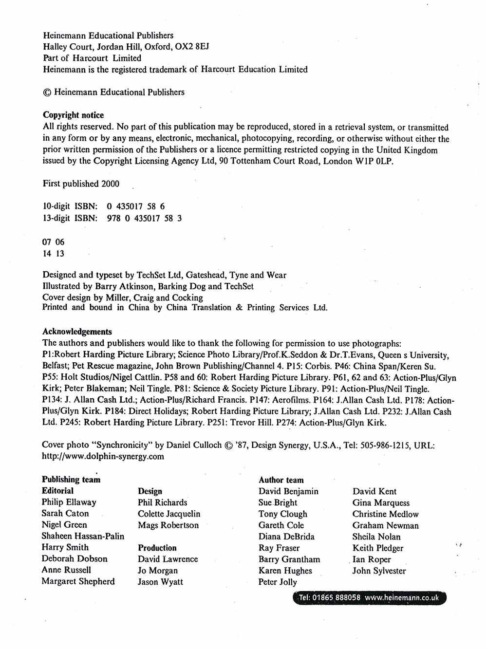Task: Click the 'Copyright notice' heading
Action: (x=73, y=115)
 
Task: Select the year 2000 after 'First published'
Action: (x=110, y=184)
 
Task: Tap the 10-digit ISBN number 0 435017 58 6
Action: (x=136, y=206)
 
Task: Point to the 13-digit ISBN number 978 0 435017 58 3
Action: (x=144, y=218)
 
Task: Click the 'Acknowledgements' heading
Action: (x=77, y=332)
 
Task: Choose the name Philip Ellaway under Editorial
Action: (x=69, y=502)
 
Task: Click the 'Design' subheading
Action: (x=150, y=491)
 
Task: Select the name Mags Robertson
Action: (x=168, y=525)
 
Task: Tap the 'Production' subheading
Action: (x=157, y=548)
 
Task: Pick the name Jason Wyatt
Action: (x=160, y=582)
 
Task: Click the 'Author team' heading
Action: (x=281, y=480)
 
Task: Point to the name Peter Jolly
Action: (x=278, y=582)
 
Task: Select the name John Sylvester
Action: (x=379, y=571)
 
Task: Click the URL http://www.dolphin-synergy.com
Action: (x=103, y=457)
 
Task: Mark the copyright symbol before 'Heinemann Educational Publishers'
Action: (x=47, y=93)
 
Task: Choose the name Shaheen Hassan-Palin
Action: (x=83, y=537)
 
